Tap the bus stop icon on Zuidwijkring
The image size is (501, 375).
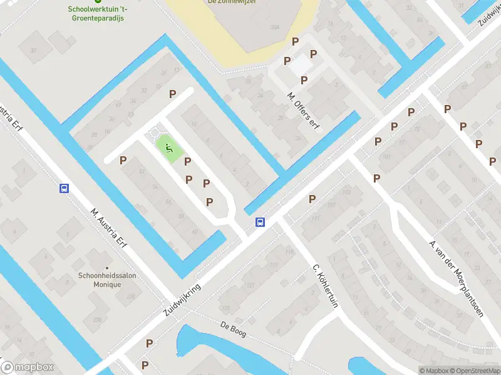pos(259,222)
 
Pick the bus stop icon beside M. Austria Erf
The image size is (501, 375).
pos(64,189)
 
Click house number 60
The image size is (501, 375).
pos(195,232)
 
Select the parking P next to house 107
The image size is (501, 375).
pos(312,199)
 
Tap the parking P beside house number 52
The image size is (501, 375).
pos(123,161)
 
